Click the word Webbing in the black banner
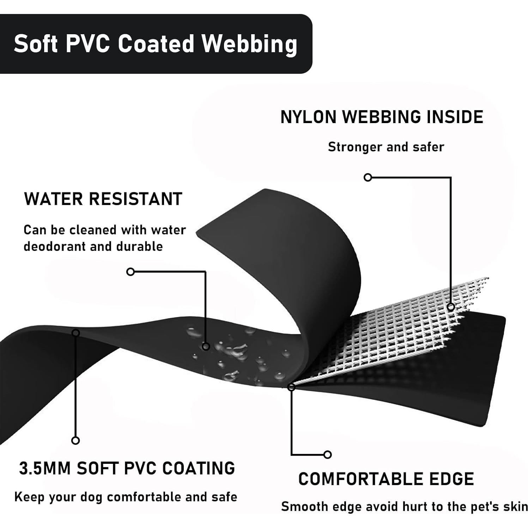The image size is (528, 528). tap(249, 44)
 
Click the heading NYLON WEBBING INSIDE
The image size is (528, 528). tap(382, 117)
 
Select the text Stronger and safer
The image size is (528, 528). tap(386, 147)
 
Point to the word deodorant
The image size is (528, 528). tap(55, 246)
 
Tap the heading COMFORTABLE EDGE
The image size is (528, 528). tap(386, 479)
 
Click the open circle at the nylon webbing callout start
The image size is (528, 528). tap(368, 177)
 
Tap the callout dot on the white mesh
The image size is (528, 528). tap(451, 307)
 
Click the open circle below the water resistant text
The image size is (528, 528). tap(131, 272)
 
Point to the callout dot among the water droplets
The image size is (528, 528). tap(206, 346)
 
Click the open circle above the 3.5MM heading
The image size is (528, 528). tap(75, 441)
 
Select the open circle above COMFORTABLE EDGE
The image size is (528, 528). tap(327, 454)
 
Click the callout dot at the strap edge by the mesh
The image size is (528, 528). tap(291, 387)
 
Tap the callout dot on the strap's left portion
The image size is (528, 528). tap(75, 333)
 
